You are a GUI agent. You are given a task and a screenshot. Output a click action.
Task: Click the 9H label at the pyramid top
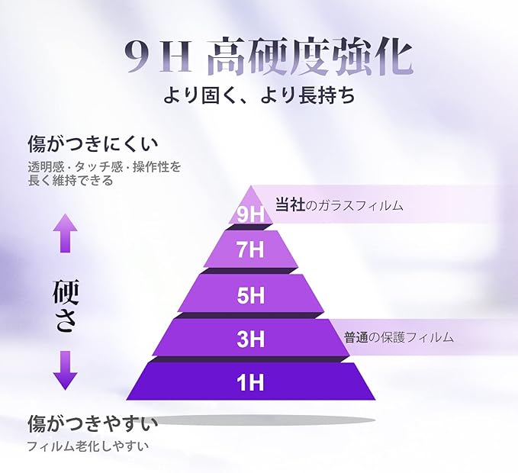[250, 214]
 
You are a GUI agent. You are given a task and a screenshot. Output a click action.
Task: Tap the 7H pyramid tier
[250, 249]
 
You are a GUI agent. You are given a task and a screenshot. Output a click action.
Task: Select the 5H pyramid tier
[250, 294]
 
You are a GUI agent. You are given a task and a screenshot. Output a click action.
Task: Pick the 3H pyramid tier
[250, 339]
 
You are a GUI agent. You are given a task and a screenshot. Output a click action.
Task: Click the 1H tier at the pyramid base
[250, 381]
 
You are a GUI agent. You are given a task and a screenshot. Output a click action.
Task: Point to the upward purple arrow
[66, 233]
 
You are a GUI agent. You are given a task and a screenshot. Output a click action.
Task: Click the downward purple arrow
[66, 370]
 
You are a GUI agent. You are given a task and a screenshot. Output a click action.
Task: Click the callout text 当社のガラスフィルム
[339, 205]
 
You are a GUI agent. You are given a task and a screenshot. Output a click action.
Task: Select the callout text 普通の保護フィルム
[398, 336]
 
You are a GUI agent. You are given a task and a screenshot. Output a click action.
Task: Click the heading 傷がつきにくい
[92, 143]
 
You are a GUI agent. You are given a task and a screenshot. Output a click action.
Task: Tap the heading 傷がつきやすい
[92, 423]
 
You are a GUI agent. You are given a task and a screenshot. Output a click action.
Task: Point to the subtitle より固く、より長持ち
[259, 97]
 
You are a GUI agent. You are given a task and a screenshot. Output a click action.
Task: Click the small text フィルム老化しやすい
[87, 446]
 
